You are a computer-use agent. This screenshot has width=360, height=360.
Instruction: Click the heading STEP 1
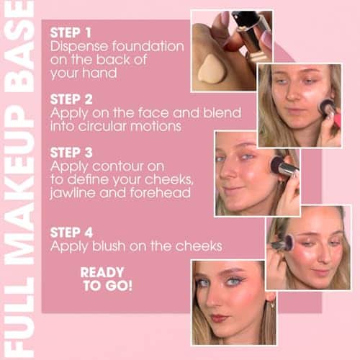[x=71, y=33]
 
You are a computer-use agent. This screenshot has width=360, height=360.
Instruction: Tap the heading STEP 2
[x=71, y=99]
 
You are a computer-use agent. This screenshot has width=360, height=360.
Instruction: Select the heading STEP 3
[x=71, y=153]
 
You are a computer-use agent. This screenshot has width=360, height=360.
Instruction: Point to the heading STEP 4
[x=71, y=233]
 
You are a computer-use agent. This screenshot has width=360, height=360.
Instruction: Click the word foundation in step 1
[x=148, y=46]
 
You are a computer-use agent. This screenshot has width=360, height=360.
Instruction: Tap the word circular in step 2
[x=102, y=126]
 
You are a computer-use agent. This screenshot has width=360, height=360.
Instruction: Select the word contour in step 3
[x=128, y=166]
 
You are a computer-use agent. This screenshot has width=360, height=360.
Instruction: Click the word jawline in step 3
[x=73, y=194]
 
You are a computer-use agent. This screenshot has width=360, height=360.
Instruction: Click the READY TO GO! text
[x=106, y=279]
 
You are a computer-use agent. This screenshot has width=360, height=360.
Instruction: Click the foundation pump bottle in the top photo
[x=249, y=35]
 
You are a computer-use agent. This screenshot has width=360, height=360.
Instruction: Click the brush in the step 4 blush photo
[x=284, y=243]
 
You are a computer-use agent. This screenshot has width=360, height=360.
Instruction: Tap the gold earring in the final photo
[x=272, y=304]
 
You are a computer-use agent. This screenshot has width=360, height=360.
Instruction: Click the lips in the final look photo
[x=219, y=318]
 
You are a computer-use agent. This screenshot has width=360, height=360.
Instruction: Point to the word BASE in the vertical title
[x=19, y=48]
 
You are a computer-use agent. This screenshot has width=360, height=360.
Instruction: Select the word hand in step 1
[x=100, y=73]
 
